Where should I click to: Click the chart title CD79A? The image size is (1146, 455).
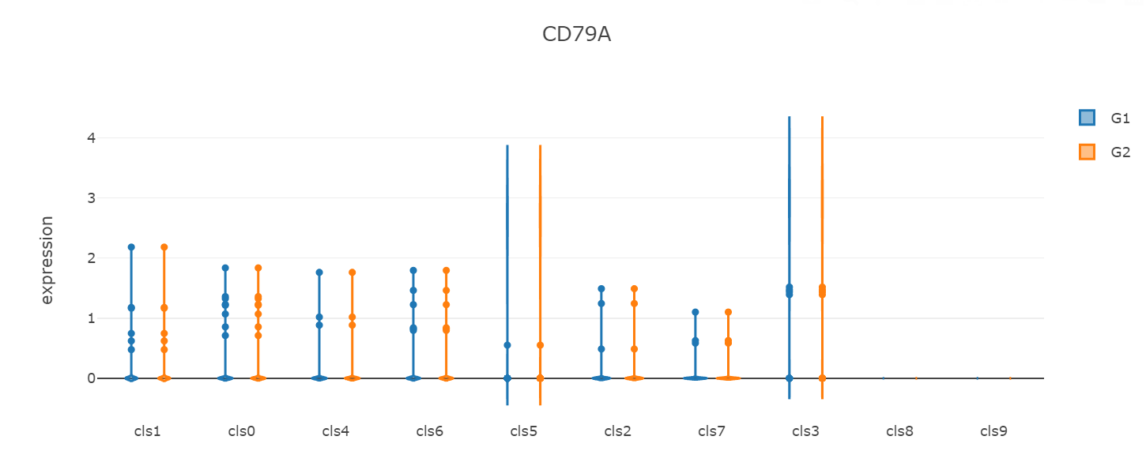click(x=576, y=35)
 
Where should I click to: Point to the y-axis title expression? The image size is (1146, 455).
click(x=47, y=260)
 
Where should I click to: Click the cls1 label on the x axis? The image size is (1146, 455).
click(x=147, y=431)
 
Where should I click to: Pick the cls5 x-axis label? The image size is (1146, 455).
click(x=523, y=431)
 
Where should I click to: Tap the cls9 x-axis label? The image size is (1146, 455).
click(x=993, y=431)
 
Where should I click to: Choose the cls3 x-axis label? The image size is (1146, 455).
click(x=805, y=431)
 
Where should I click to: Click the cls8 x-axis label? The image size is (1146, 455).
click(x=899, y=431)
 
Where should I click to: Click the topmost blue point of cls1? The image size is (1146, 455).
click(x=131, y=247)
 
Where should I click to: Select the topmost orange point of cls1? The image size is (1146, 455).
click(x=164, y=247)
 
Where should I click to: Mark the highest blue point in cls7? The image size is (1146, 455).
click(x=696, y=312)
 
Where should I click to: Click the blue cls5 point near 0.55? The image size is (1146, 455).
click(x=507, y=345)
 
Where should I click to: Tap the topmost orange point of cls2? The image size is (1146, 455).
click(x=634, y=289)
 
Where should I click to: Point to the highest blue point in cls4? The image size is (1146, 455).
click(x=319, y=273)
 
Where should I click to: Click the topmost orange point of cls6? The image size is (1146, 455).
click(x=446, y=271)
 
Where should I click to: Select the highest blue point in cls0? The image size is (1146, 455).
click(x=225, y=268)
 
